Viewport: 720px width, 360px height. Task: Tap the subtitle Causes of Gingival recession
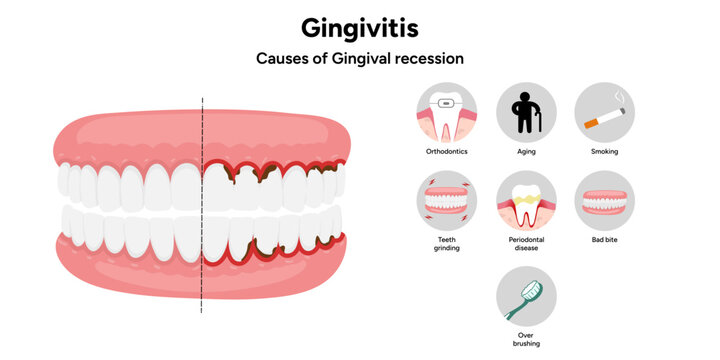tap(360, 58)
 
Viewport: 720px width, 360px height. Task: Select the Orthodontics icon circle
tap(446, 112)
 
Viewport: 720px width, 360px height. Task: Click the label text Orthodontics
tap(446, 152)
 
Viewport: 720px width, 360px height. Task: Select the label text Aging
tap(526, 152)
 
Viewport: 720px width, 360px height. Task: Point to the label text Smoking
tap(604, 152)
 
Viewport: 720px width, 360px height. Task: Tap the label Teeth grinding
tap(446, 244)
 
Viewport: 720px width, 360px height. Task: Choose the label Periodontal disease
tap(526, 244)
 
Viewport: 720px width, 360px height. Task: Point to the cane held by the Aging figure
tap(538, 119)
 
